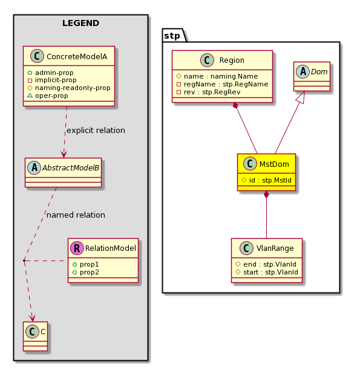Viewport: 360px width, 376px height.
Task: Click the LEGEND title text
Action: coord(80,23)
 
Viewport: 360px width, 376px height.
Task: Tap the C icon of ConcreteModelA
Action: coord(37,56)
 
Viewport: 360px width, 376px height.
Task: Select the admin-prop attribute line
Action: coord(51,73)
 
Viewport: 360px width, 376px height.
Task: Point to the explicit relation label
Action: coord(96,131)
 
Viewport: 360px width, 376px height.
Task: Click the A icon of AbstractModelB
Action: coord(34,167)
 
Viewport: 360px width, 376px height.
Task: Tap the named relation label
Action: coord(76,215)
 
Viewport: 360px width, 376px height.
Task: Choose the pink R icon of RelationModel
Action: coord(77,248)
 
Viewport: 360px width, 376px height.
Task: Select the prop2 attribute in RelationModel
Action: coord(86,273)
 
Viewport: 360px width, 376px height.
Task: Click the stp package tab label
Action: coord(172,36)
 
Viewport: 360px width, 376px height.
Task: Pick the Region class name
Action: coord(232,60)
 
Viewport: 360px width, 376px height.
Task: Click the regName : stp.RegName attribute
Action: coord(222,84)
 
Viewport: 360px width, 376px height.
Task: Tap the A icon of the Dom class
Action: coord(303,71)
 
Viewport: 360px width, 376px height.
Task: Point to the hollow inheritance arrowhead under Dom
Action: coord(302,97)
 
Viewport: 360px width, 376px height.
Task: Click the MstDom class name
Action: coord(274,164)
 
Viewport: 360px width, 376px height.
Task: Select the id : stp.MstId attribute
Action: coord(266,180)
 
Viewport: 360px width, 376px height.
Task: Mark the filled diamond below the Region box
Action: coord(236,106)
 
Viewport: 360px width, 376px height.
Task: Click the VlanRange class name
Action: coord(275,248)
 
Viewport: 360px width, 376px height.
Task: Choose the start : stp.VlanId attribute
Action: coord(267,273)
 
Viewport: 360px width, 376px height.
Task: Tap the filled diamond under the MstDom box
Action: coord(266,195)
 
